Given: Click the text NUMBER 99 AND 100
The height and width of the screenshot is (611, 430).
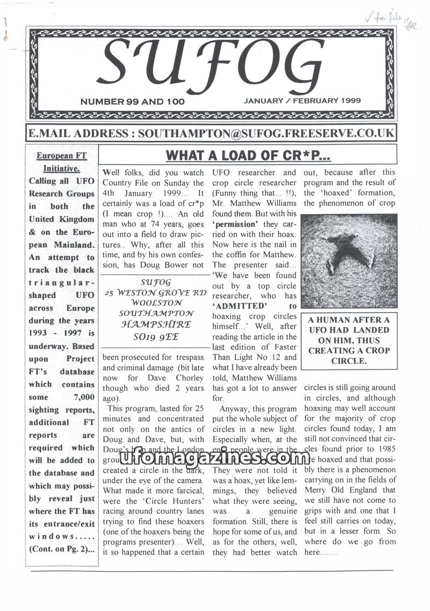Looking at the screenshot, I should (132, 101).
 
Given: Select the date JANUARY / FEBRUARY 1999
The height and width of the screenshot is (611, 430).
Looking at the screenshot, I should (302, 100).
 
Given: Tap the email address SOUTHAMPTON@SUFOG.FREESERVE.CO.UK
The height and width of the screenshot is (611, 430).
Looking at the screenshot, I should (266, 133).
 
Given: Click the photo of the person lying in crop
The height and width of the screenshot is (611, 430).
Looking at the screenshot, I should (349, 261).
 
